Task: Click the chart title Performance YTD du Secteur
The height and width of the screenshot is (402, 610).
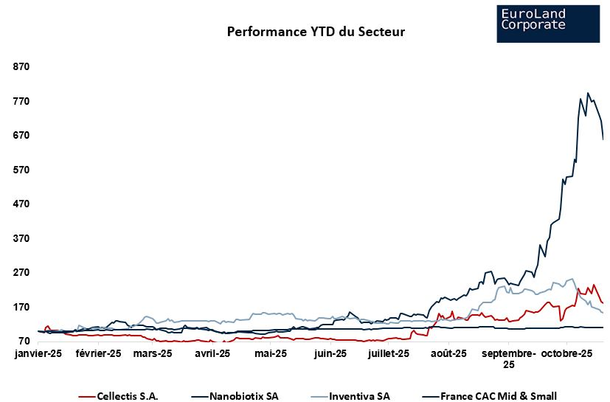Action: (x=316, y=32)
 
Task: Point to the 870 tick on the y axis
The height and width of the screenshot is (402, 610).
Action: (x=21, y=66)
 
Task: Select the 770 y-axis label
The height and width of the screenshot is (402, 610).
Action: (x=21, y=101)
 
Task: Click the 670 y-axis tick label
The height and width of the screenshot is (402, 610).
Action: (x=21, y=135)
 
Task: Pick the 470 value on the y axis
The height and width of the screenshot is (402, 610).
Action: (x=21, y=204)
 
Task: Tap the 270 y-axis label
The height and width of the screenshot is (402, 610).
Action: (x=21, y=272)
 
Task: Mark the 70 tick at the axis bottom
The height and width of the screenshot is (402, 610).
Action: (x=23, y=341)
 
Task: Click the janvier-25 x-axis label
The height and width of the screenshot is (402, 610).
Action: (x=38, y=354)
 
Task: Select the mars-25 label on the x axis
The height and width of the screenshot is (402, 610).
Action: (x=153, y=354)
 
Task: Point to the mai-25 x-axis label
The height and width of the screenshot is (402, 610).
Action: (x=270, y=354)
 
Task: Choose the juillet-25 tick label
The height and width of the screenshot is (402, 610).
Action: (x=389, y=354)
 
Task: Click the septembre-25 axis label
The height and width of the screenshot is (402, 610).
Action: (x=509, y=359)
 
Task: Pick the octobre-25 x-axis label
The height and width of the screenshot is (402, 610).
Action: (x=567, y=354)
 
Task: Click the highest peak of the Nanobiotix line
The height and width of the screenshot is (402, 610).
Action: (x=588, y=93)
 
